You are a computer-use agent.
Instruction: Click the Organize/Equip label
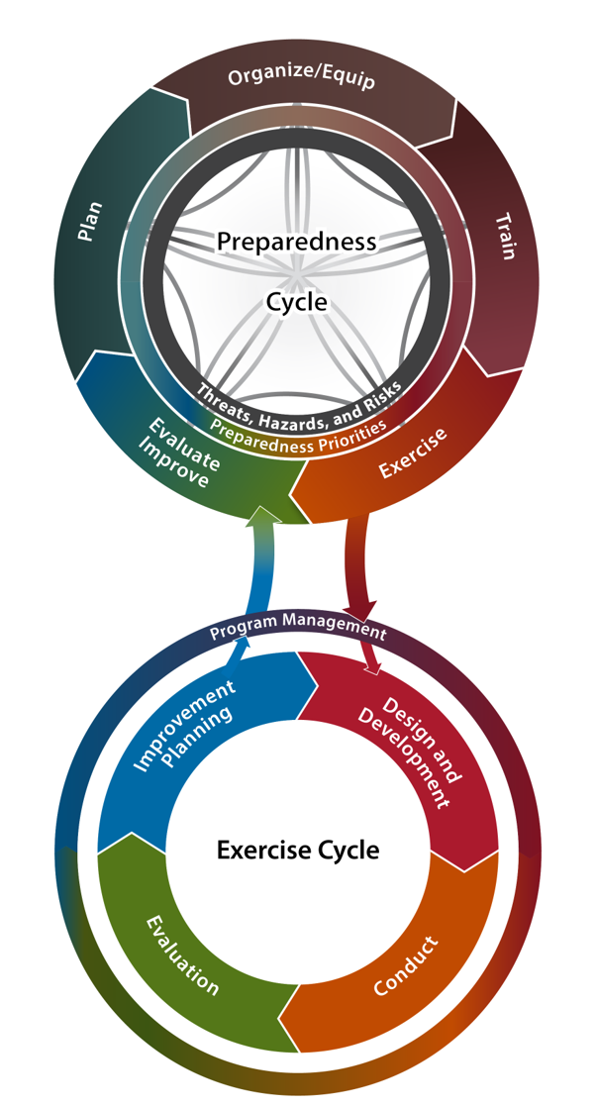click(x=301, y=77)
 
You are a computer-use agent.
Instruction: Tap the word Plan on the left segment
click(x=90, y=222)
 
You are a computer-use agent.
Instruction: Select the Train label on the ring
click(x=505, y=237)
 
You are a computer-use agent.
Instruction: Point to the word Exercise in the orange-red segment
click(x=413, y=452)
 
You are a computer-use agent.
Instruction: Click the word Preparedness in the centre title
click(x=296, y=242)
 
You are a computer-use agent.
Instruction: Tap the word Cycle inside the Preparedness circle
click(x=296, y=302)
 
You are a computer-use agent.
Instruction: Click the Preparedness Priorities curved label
click(x=298, y=432)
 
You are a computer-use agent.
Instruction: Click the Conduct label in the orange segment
click(x=406, y=966)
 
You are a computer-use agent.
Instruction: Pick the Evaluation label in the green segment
click(x=182, y=955)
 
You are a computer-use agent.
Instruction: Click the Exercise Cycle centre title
click(x=298, y=850)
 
